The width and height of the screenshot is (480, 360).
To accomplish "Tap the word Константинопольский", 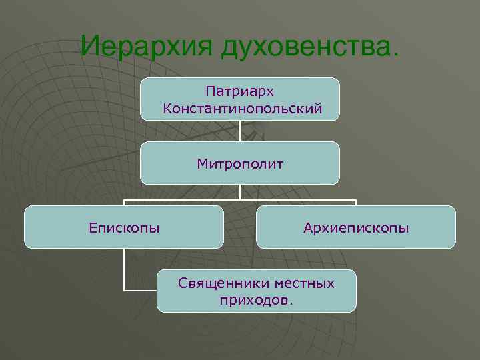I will click(240, 107).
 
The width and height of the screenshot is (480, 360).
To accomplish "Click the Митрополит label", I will click(240, 163).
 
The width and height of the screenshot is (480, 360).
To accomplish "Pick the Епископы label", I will click(124, 228).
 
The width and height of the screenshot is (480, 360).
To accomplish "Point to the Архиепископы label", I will click(356, 228).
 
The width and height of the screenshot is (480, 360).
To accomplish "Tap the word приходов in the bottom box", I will click(253, 300).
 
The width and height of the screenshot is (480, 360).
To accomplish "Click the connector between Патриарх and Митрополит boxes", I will click(240, 131).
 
